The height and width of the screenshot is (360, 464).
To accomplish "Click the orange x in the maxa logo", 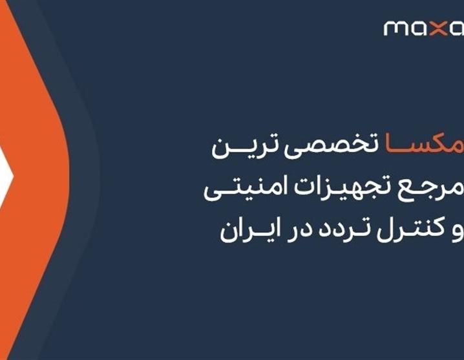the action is [x=439, y=28].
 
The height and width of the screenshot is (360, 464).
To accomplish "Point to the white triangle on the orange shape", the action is [x=5, y=176].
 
